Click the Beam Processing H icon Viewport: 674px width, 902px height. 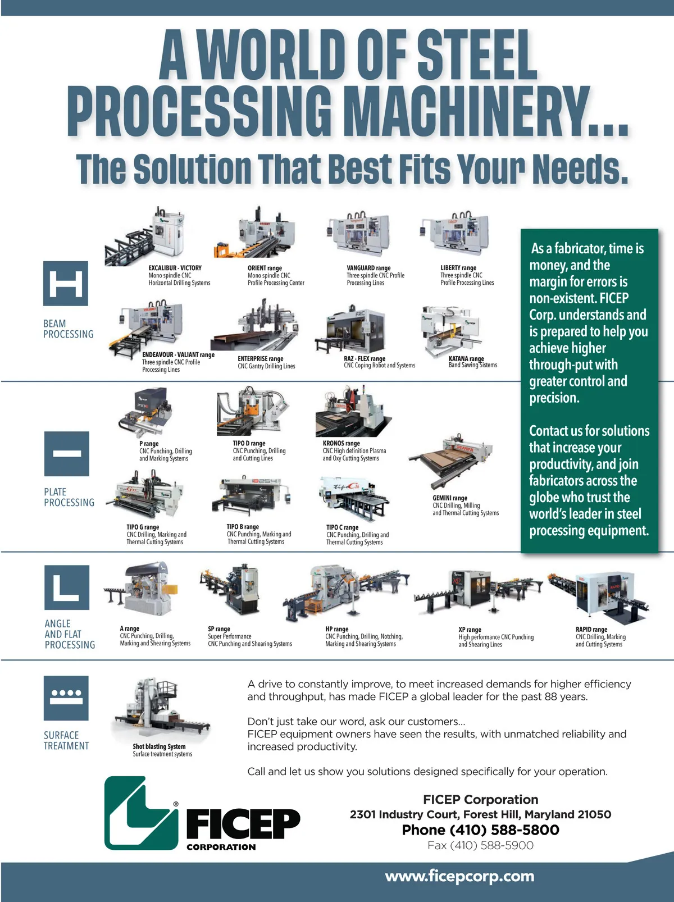66,283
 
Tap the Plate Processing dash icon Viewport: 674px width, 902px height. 67,454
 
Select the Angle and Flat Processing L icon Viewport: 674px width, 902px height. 67,587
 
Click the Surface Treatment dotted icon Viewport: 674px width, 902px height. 66,698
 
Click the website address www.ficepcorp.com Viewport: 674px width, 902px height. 459,876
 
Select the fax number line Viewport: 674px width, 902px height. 480,845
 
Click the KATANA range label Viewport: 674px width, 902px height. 466,358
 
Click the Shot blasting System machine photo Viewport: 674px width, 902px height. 161,709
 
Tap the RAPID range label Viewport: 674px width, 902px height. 591,629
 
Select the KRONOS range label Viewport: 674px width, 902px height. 341,443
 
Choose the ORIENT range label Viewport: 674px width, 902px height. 265,268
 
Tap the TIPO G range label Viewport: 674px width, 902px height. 143,527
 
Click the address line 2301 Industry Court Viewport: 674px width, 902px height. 480,814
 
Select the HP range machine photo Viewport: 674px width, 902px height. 346,593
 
